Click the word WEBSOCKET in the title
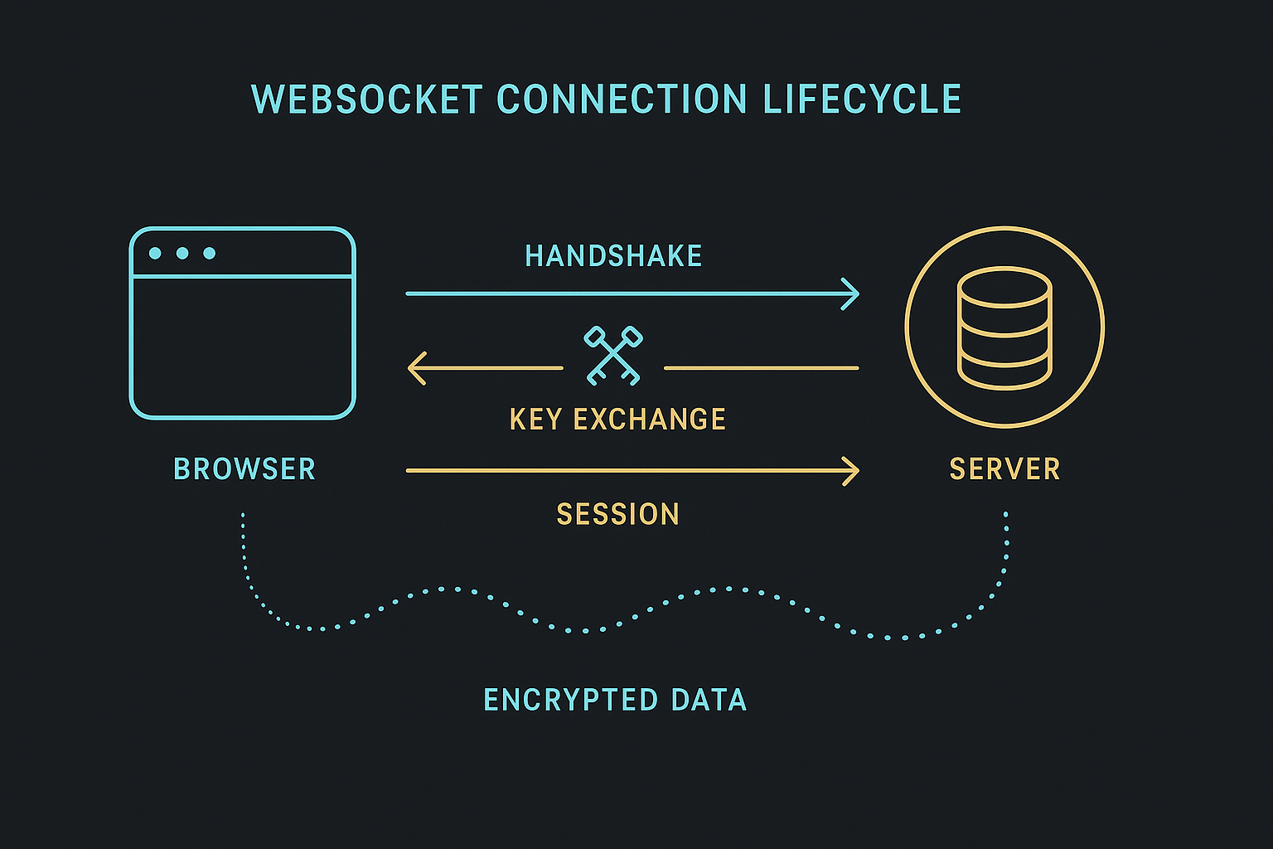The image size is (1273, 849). tap(366, 99)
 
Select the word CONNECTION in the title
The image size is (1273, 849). tap(622, 99)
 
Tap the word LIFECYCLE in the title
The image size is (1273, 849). tap(862, 99)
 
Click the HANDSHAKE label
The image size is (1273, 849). tap(613, 256)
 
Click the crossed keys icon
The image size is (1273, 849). tap(613, 356)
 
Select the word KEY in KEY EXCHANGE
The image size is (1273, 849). tap(536, 420)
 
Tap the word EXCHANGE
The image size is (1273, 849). tap(649, 420)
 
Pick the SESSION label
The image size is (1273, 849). tap(617, 515)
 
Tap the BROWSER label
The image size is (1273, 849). tap(244, 469)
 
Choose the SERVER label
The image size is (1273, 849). tap(1004, 469)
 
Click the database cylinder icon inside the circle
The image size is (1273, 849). tap(1004, 328)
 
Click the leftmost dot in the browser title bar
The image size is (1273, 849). tap(155, 253)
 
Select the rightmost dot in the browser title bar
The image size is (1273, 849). tap(210, 253)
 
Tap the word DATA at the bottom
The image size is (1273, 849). tap(709, 701)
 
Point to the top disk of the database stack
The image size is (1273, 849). tap(1004, 286)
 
